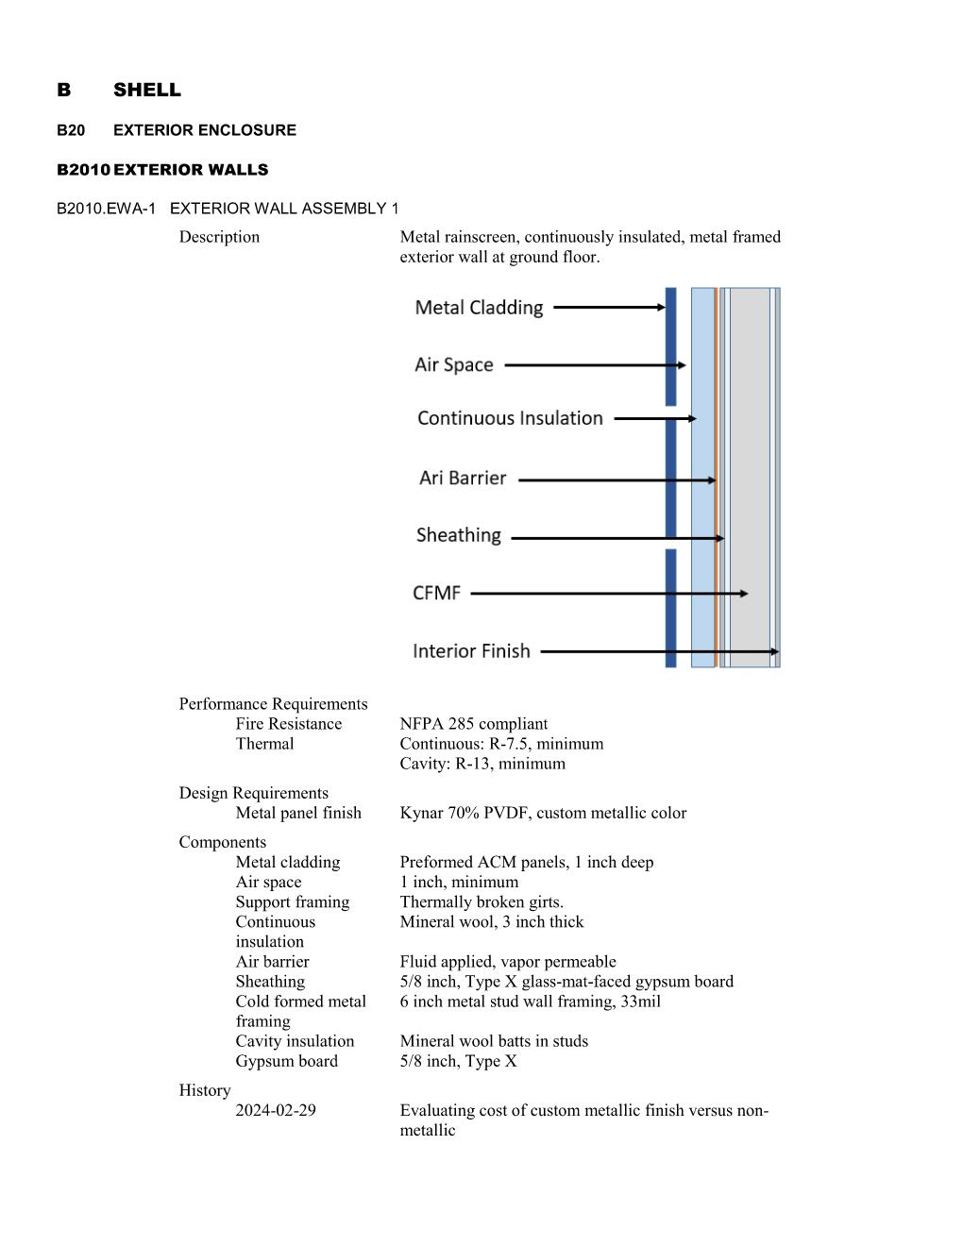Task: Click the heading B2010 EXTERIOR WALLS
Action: click(x=162, y=170)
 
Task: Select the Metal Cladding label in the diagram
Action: click(x=479, y=308)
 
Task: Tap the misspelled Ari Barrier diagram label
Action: click(x=463, y=479)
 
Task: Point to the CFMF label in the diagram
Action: click(x=437, y=593)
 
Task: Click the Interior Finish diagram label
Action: click(x=471, y=651)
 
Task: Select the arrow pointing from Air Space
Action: click(x=595, y=365)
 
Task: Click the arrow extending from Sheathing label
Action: click(x=617, y=538)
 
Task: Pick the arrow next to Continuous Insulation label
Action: click(x=655, y=418)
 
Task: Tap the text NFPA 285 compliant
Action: click(x=473, y=724)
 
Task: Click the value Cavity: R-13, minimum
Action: click(x=482, y=764)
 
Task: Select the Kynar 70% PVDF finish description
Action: click(x=543, y=813)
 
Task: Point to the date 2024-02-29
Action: click(x=276, y=1110)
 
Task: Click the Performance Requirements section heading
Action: click(x=273, y=704)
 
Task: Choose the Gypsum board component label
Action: click(x=286, y=1061)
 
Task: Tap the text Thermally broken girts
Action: click(x=481, y=901)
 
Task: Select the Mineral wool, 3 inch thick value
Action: click(x=491, y=921)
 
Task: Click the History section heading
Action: click(x=205, y=1090)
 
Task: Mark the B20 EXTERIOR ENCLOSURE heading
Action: click(x=177, y=130)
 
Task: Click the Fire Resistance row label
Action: click(x=289, y=724)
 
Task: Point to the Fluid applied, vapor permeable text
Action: click(x=508, y=961)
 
